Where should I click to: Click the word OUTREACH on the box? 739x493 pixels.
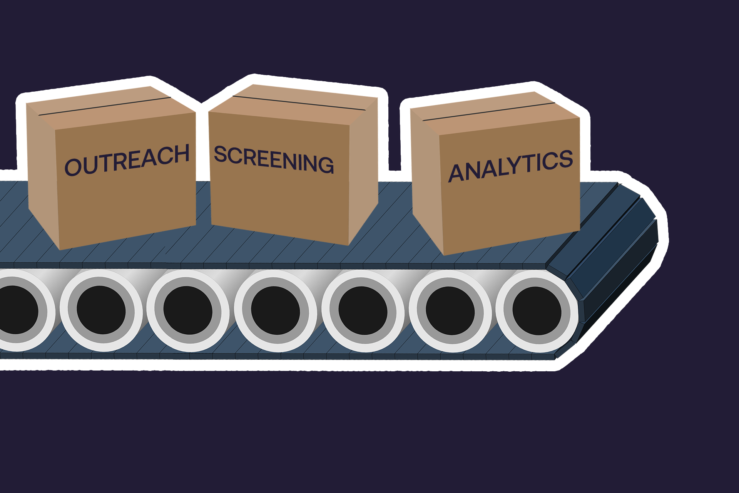[127, 160]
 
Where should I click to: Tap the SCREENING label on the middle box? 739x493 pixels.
[274, 159]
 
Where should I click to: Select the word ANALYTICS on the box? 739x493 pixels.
[511, 166]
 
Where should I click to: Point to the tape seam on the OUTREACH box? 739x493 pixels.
[104, 106]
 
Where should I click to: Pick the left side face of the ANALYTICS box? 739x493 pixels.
[426, 181]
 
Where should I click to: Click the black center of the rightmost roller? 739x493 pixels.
[537, 310]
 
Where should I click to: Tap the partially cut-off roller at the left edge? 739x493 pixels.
[15, 310]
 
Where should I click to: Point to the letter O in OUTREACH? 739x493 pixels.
[72, 167]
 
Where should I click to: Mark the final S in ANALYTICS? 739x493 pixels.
[565, 159]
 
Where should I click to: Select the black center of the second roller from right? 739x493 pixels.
[450, 310]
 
